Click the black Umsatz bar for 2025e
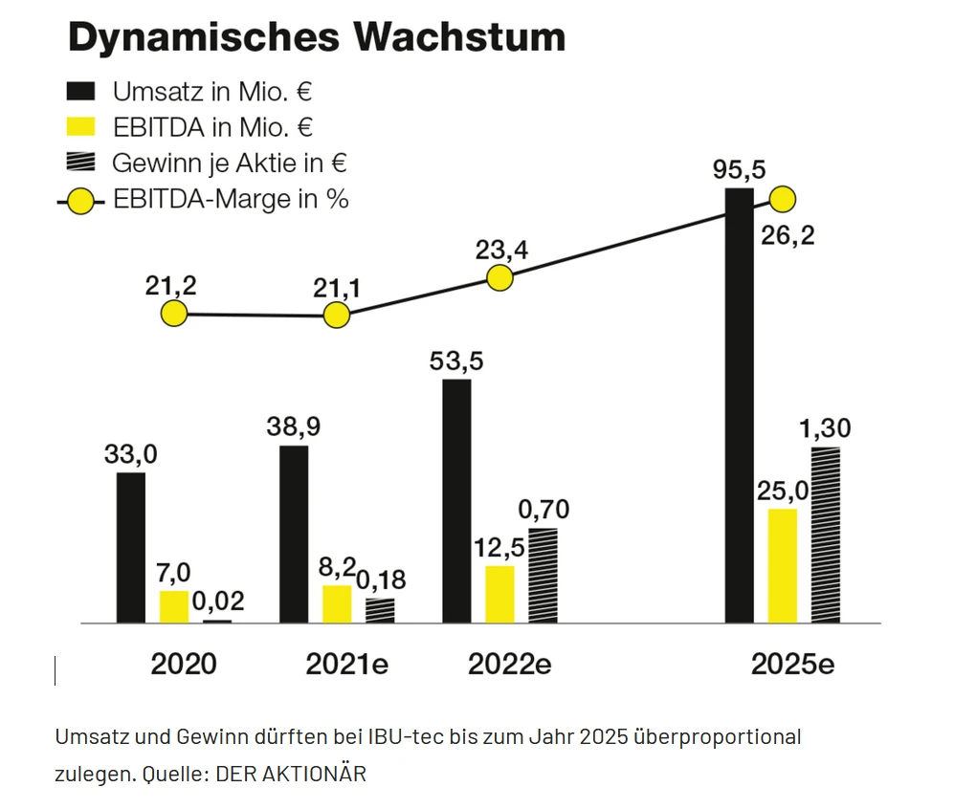pyautogui.click(x=739, y=406)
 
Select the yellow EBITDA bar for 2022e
pyautogui.click(x=499, y=594)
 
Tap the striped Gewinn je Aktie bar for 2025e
pyautogui.click(x=825, y=536)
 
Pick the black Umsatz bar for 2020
pyautogui.click(x=131, y=548)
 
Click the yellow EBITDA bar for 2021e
pyautogui.click(x=337, y=603)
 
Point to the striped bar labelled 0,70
pyautogui.click(x=543, y=576)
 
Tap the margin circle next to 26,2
pyautogui.click(x=783, y=200)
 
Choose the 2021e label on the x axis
pyautogui.click(x=346, y=665)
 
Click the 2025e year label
pyautogui.click(x=791, y=665)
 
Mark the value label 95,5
pyautogui.click(x=740, y=170)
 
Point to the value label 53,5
pyautogui.click(x=456, y=361)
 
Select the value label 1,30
pyautogui.click(x=824, y=428)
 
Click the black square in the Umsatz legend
pyautogui.click(x=81, y=92)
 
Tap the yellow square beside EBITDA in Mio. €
pyautogui.click(x=81, y=127)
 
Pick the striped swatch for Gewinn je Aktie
pyautogui.click(x=81, y=163)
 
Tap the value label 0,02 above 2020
pyautogui.click(x=218, y=601)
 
